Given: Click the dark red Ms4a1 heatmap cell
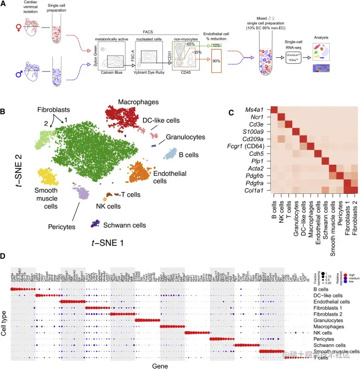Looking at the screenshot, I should click(274, 110).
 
